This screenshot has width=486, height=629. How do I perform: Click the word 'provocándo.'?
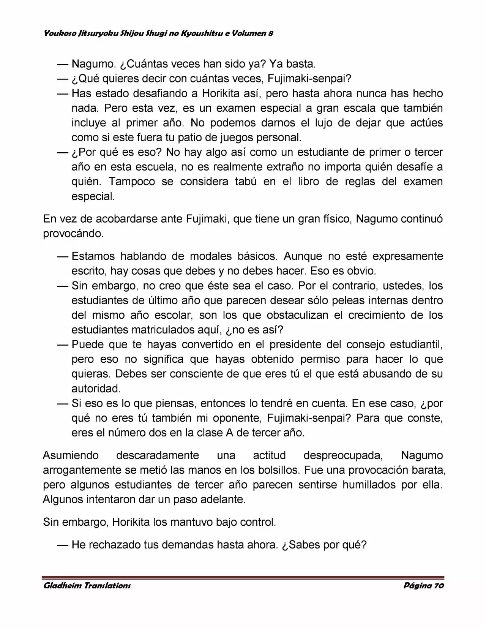point(73,234)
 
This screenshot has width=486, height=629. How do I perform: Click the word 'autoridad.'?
point(96,389)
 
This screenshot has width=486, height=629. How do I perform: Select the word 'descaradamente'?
point(158,455)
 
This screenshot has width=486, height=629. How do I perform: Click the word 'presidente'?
point(296,345)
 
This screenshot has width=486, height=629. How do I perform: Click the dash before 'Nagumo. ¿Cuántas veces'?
point(63,64)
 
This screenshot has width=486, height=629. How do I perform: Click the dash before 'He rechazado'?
point(63,545)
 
